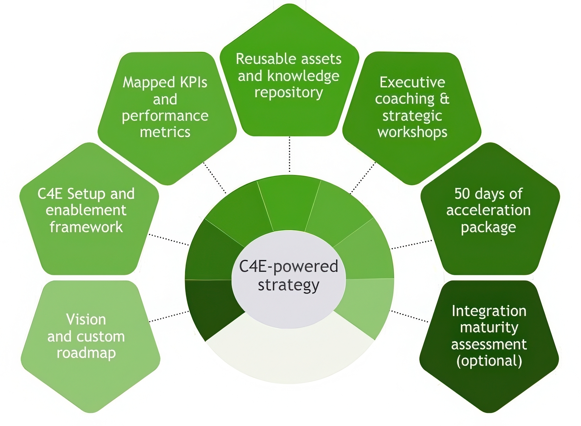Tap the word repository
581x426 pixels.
[x=288, y=92]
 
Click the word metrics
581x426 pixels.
[x=165, y=132]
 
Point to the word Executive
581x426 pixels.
[x=412, y=82]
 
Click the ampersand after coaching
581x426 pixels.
[x=444, y=99]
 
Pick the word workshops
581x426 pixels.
[x=412, y=132]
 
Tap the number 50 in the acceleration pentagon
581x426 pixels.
[x=462, y=194]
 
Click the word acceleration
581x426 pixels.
[x=488, y=210]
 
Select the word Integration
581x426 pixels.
[x=489, y=311]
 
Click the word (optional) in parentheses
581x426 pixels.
[x=489, y=361]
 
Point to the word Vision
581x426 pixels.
[x=86, y=319]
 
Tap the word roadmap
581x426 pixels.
[x=86, y=353]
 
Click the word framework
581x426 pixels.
[x=86, y=227]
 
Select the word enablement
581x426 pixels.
[x=86, y=210]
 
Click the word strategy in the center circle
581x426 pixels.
[x=288, y=285]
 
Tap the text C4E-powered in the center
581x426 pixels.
[x=288, y=266]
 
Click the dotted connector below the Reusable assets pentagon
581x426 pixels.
[x=289, y=154]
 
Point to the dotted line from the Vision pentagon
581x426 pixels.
[x=169, y=317]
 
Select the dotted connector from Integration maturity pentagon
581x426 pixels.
[x=409, y=317]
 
